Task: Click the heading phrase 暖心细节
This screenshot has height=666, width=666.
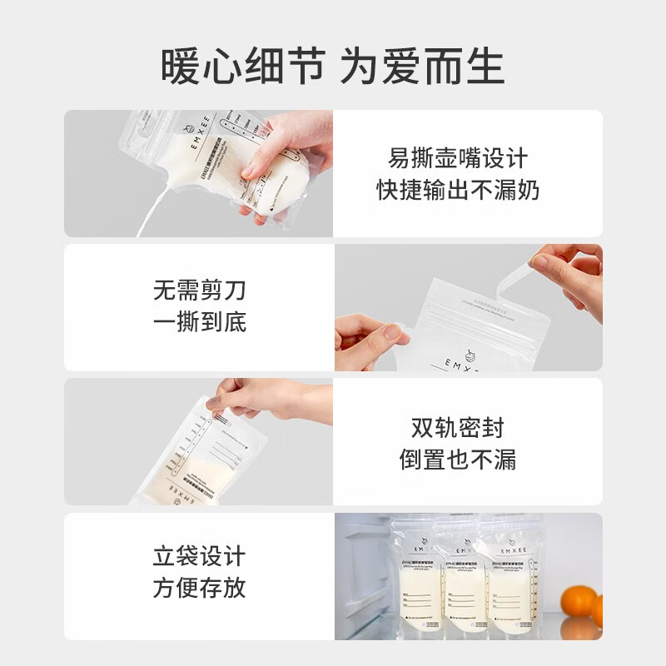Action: [242, 66]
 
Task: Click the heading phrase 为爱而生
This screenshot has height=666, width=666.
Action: [422, 66]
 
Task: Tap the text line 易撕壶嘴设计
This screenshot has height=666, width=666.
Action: [458, 158]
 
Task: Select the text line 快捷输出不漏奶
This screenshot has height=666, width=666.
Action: [458, 191]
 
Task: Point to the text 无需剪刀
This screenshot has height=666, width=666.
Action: [200, 291]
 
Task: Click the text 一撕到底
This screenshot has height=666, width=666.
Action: [200, 323]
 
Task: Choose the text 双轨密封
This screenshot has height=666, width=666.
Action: [458, 428]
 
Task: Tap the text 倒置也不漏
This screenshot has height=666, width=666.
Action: [458, 460]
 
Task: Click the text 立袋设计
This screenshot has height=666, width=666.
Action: [200, 556]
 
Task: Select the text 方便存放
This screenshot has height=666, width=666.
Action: [200, 589]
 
